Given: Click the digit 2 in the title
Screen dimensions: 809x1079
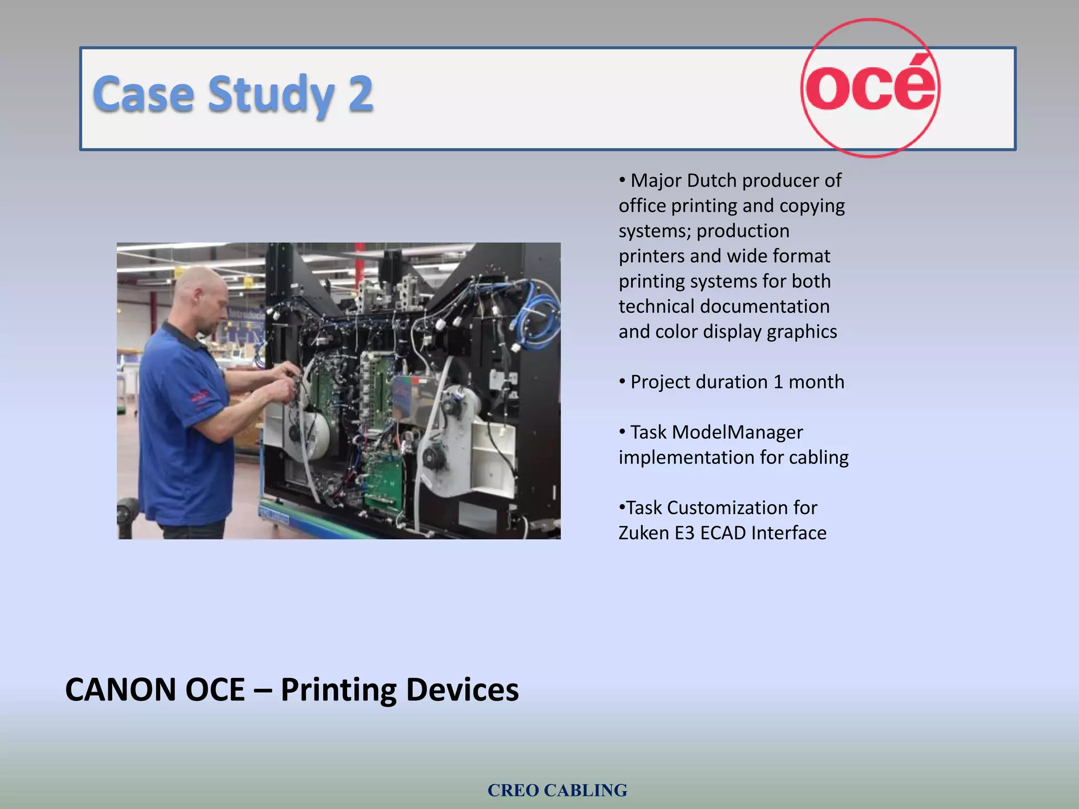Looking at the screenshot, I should point(360,94).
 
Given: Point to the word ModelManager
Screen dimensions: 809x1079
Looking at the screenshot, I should point(737,432).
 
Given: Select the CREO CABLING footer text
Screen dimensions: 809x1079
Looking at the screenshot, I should point(557,790).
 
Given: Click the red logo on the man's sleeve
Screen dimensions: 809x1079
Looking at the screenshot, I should point(200,397).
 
